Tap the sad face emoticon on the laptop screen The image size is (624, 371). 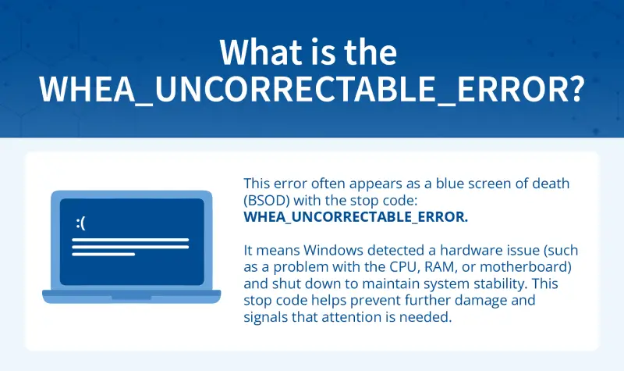pyautogui.click(x=80, y=223)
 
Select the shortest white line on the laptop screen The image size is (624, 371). pyautogui.click(x=103, y=254)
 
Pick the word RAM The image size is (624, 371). pyautogui.click(x=470, y=267)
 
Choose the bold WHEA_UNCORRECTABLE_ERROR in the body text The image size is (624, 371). pyautogui.click(x=356, y=216)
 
